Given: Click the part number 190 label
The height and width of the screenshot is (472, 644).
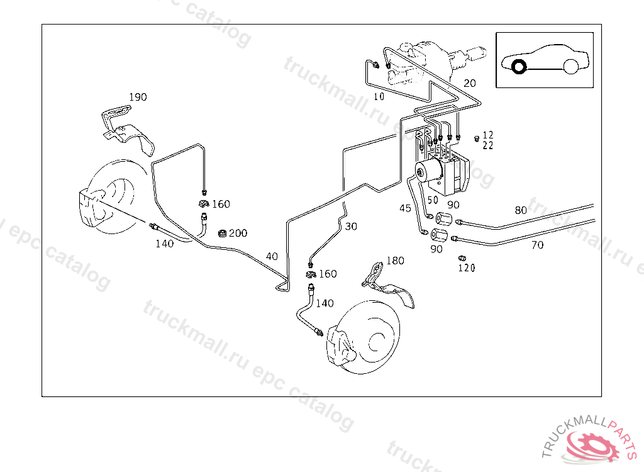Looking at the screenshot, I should click(138, 97).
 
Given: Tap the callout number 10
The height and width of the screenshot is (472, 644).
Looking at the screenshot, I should click(379, 97).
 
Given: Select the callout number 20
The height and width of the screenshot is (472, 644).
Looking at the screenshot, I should click(470, 83).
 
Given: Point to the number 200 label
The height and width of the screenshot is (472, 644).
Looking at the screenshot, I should click(238, 233).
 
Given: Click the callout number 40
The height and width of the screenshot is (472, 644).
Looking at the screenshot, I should click(272, 256).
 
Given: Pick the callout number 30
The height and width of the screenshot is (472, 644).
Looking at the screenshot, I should click(351, 226).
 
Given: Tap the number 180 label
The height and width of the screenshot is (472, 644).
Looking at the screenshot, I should click(395, 261).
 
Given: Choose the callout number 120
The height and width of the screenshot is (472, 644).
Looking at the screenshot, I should click(466, 268).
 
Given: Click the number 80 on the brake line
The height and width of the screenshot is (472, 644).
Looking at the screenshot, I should click(521, 210).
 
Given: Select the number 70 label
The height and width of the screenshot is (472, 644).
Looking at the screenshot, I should click(537, 245).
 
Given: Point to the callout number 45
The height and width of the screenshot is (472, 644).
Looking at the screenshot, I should click(405, 208).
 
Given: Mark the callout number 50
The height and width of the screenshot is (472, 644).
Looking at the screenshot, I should click(433, 200).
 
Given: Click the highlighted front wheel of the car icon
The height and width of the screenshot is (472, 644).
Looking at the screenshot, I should click(519, 66).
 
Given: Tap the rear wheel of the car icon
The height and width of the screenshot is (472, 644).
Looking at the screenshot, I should click(571, 66).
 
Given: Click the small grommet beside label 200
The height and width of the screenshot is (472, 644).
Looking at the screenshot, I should click(222, 233).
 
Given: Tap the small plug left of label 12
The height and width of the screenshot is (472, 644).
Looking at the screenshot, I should click(477, 137).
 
